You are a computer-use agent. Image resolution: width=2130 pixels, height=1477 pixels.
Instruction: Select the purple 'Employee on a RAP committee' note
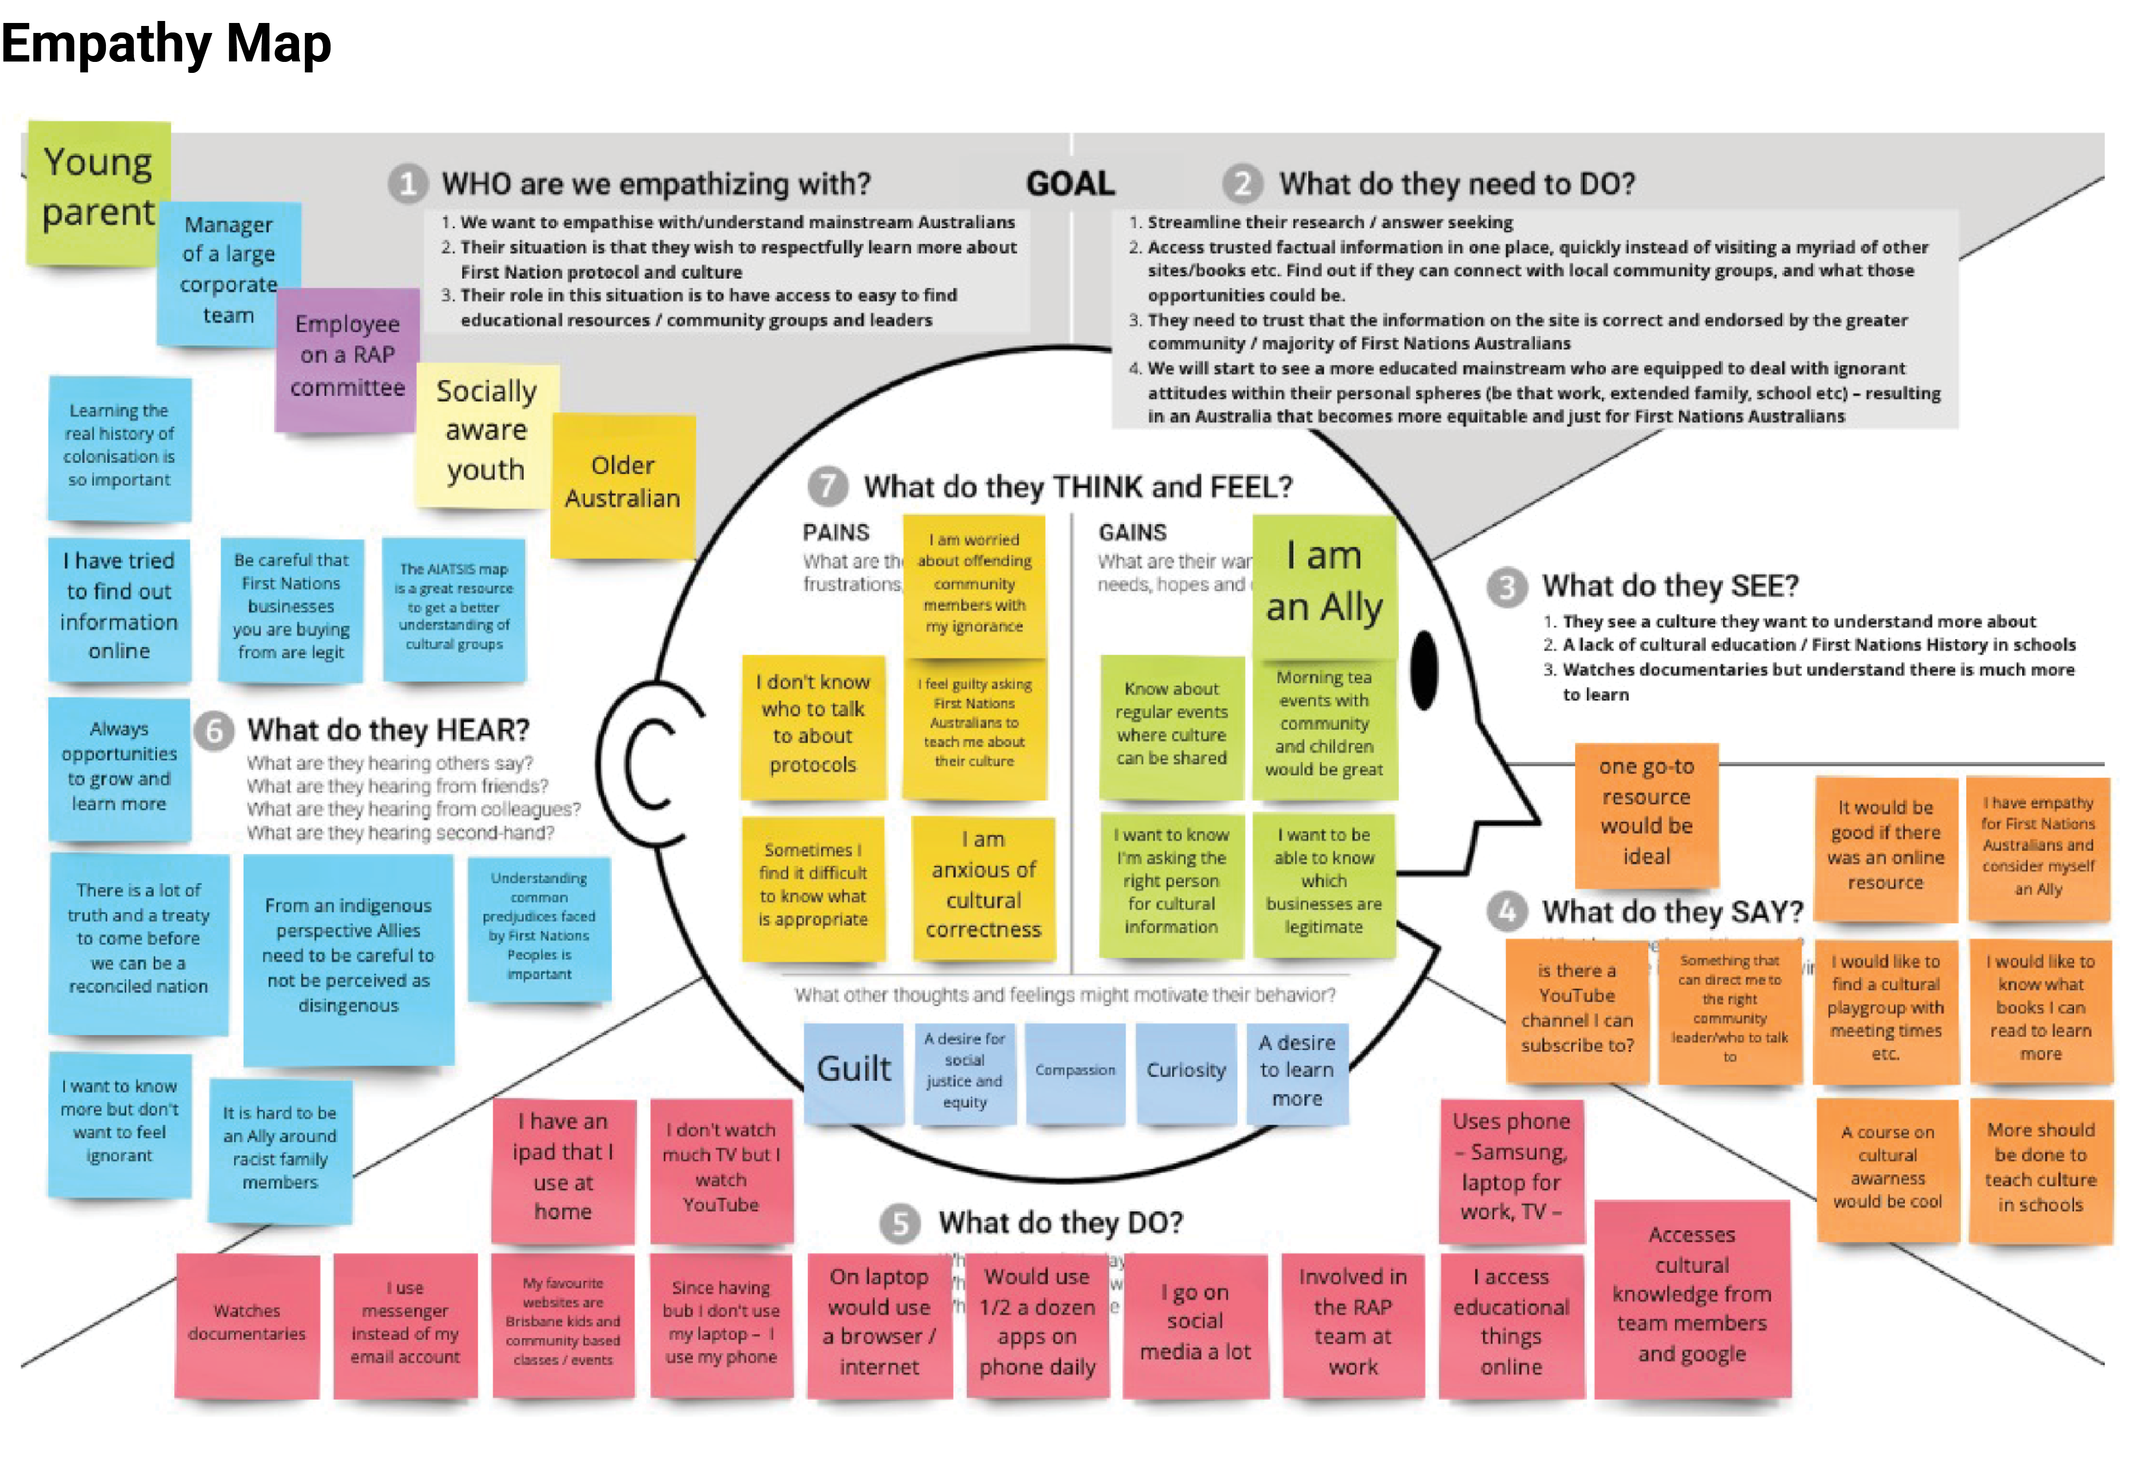[347, 357]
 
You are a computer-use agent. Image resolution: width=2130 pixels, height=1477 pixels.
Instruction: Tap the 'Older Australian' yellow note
[622, 482]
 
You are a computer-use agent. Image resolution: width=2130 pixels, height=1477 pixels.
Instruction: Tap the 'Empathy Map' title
[167, 43]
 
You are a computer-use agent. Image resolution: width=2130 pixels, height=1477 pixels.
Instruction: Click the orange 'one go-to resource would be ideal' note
[1646, 811]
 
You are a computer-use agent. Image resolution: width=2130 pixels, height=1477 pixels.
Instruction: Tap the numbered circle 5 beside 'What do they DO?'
[900, 1223]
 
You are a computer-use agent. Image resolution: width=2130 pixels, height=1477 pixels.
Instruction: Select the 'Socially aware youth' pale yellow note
[486, 431]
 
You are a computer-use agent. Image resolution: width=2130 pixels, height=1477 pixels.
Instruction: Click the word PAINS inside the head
[836, 533]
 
